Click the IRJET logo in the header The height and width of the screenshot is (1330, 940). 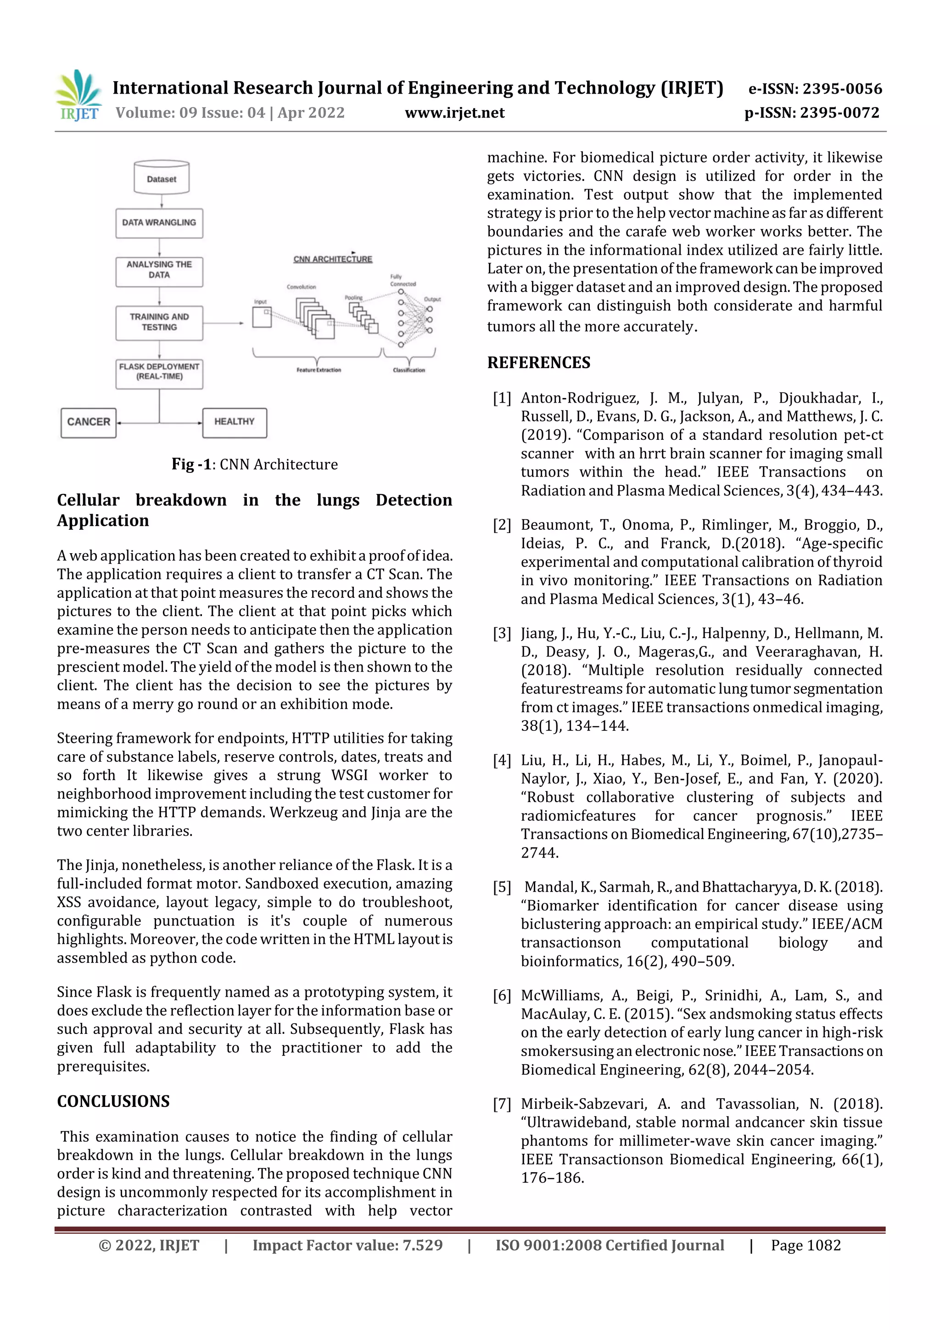click(79, 95)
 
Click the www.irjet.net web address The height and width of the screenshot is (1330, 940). click(455, 113)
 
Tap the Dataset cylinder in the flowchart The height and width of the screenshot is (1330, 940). click(162, 178)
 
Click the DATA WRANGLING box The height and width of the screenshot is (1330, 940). click(159, 223)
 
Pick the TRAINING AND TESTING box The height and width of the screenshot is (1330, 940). click(159, 323)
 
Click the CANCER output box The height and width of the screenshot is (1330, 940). click(89, 422)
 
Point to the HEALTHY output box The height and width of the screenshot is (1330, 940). click(235, 422)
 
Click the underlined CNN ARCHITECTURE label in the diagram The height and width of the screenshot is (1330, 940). click(333, 259)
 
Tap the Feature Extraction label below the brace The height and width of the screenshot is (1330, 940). click(319, 370)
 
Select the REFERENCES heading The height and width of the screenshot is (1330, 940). click(539, 363)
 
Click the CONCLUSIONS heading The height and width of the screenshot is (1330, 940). click(113, 1101)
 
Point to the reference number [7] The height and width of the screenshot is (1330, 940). click(502, 1104)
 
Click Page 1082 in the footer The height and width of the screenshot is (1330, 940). click(806, 1246)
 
